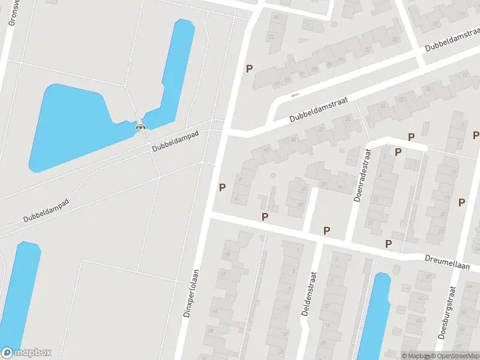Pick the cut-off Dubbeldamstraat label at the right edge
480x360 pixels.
[x=451, y=41]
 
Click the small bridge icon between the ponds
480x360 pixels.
[x=140, y=126]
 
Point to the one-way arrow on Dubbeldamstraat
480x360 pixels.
[x=294, y=95]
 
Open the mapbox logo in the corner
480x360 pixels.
[x=26, y=353]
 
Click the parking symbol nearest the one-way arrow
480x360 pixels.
[x=249, y=68]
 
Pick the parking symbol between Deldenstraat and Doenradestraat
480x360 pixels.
[x=327, y=230]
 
